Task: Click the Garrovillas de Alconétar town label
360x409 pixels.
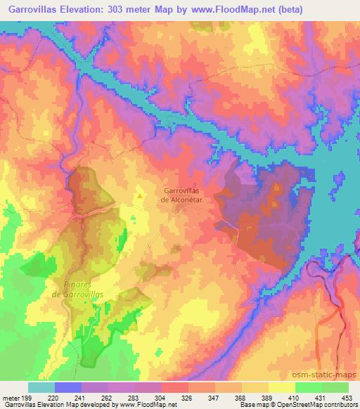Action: (184, 194)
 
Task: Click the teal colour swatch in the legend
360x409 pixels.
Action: (41, 387)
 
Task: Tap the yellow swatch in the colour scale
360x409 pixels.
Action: (282, 387)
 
